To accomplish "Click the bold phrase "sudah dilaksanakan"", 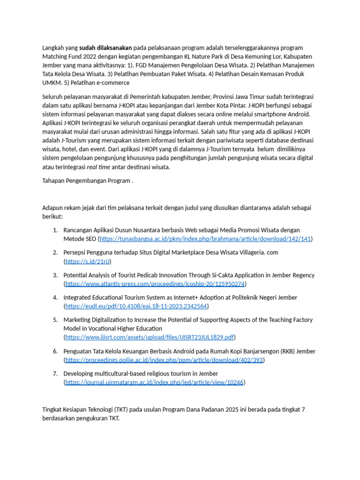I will click(x=106, y=48).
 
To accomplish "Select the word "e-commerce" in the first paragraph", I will click(x=113, y=83).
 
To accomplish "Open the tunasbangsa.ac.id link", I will click(x=205, y=239).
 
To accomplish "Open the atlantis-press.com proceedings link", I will click(x=155, y=284).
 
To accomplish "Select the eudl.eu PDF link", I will click(x=136, y=306).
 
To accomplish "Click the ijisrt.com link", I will click(x=150, y=337).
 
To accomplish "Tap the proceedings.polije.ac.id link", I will click(x=164, y=360).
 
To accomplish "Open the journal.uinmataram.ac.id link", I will click(x=154, y=382).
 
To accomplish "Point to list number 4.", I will click(x=55, y=297).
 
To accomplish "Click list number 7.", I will click(x=55, y=373).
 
